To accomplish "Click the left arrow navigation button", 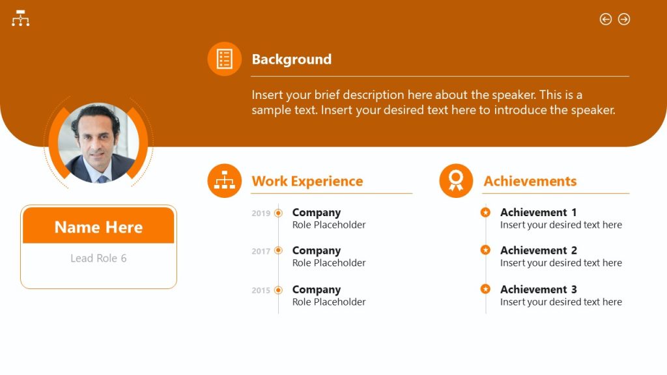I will tap(606, 20).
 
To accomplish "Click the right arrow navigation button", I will tap(624, 20).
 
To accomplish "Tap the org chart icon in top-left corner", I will tap(21, 18).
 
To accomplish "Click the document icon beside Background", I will tap(225, 59).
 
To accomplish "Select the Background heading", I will tap(291, 59).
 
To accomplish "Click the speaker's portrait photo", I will tap(98, 143).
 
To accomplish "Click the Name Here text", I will tap(98, 227).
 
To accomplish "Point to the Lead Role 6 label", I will tap(98, 258).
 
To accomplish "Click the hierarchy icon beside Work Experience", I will tap(225, 180).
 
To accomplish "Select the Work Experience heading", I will tap(307, 181).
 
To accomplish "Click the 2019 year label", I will tap(261, 214).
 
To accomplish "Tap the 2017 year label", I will tap(261, 251).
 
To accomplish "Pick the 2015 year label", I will tap(261, 290).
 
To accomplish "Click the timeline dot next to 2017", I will tap(279, 251).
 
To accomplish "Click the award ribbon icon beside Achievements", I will tap(456, 180).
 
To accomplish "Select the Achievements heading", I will tap(530, 181).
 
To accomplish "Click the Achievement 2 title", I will tap(538, 251).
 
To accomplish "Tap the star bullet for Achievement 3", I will tap(485, 288).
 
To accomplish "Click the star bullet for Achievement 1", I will tap(485, 212).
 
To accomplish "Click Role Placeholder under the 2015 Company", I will tap(329, 302).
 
